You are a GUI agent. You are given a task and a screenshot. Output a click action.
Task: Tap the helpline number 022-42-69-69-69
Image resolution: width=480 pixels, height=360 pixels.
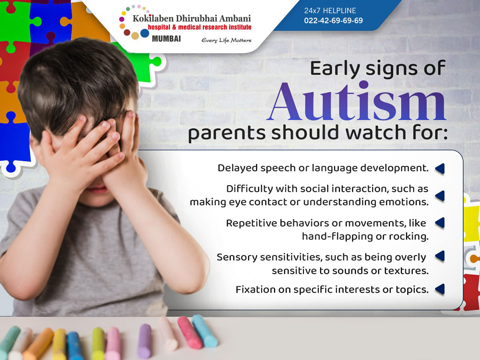coord(333,20)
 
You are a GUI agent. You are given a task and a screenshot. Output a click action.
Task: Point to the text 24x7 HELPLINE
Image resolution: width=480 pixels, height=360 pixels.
coord(330,10)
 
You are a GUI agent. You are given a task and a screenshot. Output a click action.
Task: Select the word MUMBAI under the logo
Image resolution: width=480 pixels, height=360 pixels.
coord(166,39)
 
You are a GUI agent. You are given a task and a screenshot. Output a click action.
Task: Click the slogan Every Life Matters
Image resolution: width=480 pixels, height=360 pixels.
coord(226,40)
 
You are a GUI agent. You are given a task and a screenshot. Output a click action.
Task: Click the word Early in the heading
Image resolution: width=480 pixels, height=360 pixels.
coord(335,69)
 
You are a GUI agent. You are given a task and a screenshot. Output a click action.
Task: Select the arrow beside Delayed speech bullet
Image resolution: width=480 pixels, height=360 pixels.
coord(440,169)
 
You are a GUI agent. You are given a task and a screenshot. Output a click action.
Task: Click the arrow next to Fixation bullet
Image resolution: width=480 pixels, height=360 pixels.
coord(440,289)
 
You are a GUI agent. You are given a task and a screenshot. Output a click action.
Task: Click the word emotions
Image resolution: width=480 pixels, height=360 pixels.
coord(404,202)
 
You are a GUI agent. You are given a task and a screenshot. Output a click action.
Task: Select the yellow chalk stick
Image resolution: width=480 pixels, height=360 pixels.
coord(60,344)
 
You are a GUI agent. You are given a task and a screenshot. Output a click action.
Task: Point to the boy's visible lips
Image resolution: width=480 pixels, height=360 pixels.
coord(97,189)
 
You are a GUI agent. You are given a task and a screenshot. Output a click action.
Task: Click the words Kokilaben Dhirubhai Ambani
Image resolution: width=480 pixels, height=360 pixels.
coord(192,18)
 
